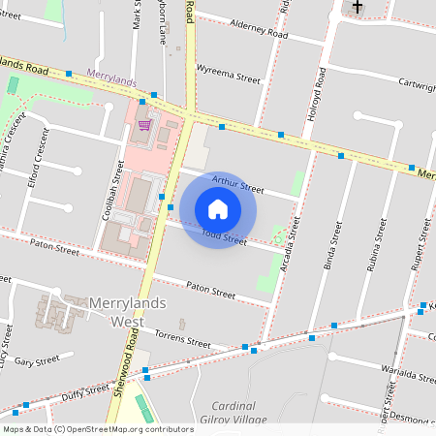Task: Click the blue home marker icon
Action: (x=218, y=209)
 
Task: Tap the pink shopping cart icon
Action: (x=144, y=124)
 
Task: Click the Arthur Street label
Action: (x=237, y=183)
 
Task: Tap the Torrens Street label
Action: (x=183, y=342)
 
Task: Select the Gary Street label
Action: (x=38, y=359)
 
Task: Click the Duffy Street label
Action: (x=84, y=391)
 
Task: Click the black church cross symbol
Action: (x=358, y=7)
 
